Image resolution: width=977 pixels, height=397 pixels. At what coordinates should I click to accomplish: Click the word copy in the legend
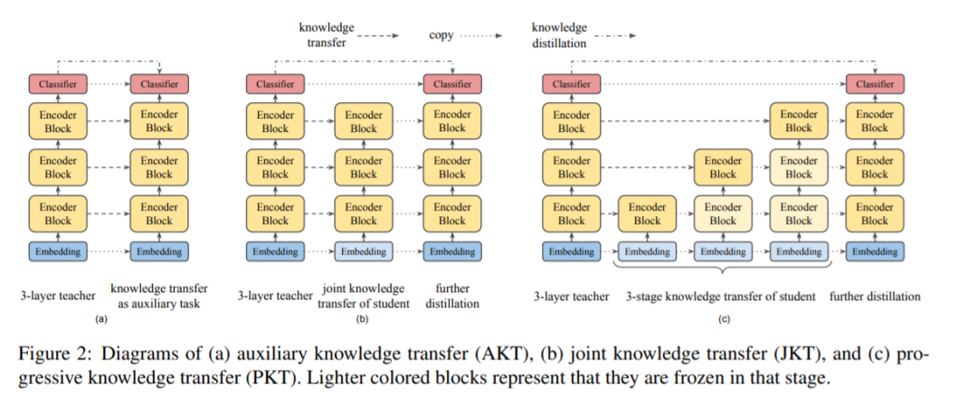(x=441, y=35)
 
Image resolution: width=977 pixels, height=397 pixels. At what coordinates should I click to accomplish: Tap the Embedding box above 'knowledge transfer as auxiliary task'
(x=159, y=251)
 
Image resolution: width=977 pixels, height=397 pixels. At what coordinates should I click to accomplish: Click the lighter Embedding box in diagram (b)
(x=363, y=251)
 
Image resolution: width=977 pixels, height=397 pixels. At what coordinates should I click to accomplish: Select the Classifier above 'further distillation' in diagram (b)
(x=452, y=84)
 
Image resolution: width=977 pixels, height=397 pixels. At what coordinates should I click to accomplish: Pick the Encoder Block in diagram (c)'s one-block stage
(x=647, y=213)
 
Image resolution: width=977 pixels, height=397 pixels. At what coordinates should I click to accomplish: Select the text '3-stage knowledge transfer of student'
(x=721, y=296)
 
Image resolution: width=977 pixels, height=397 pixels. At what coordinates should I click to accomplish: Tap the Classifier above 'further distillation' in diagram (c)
(x=874, y=84)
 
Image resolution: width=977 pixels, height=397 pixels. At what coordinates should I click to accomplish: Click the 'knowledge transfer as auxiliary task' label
(x=159, y=296)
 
